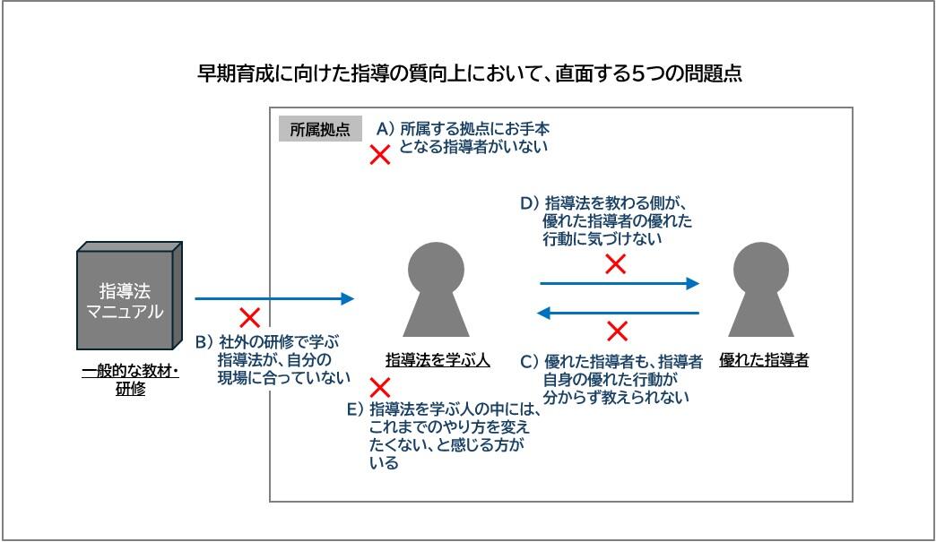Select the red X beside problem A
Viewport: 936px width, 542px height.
(380, 155)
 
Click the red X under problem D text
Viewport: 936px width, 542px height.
(615, 263)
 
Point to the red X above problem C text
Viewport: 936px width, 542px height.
(617, 331)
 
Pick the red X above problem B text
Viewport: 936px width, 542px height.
(250, 317)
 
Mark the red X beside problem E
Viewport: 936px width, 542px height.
(380, 388)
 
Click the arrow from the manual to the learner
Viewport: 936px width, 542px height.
(273, 298)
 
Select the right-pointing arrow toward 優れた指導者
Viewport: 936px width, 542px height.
(619, 283)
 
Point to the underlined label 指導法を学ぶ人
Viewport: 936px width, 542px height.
(437, 360)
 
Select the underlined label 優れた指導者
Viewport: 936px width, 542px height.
(763, 360)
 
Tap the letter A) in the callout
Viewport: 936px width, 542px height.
(386, 129)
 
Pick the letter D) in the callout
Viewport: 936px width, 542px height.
(530, 203)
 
